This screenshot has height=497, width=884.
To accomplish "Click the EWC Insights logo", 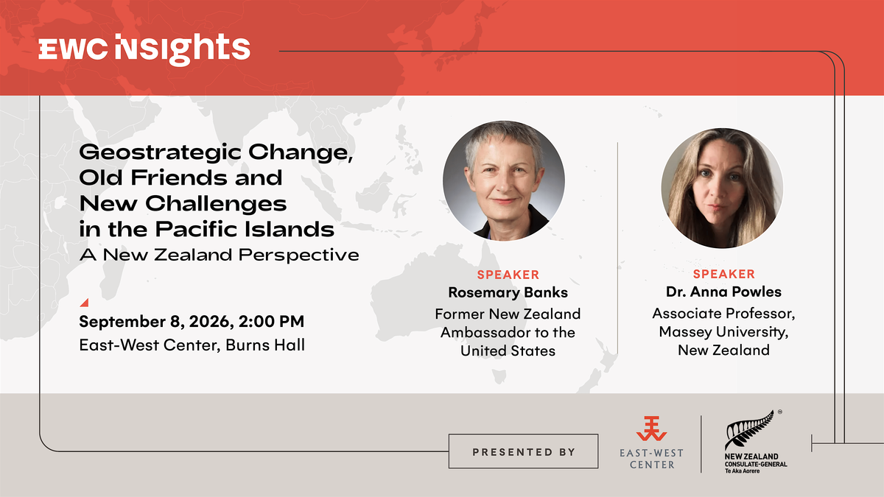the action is click(x=144, y=50).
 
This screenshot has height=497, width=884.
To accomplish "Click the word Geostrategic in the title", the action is click(x=160, y=152).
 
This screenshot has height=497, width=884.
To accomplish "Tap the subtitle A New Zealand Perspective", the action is click(x=219, y=255).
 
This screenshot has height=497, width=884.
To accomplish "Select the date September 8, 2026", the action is click(x=152, y=322).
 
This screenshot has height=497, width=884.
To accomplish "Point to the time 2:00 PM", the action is click(x=271, y=322).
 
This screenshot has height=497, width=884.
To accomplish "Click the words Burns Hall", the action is click(x=265, y=345).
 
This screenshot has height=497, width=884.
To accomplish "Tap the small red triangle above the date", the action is click(x=85, y=303).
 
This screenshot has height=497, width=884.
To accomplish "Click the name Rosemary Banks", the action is click(x=508, y=293).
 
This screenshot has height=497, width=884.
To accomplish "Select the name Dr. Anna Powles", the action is click(x=723, y=292).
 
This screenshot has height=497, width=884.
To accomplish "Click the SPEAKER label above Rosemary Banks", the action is click(x=508, y=275).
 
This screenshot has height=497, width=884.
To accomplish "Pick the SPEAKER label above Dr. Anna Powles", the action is click(x=723, y=274).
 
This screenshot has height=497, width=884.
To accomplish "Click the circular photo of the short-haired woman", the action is click(x=504, y=180).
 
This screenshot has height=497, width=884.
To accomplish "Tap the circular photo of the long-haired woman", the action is click(x=722, y=188).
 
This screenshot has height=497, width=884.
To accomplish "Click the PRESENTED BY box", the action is click(x=523, y=451).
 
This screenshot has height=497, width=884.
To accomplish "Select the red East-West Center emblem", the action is click(x=651, y=429).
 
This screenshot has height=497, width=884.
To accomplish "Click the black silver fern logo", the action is click(x=749, y=430).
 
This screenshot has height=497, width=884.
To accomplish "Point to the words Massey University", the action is click(x=723, y=332).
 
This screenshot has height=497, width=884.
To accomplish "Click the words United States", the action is click(x=508, y=350).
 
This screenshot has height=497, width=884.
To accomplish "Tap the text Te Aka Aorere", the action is click(x=742, y=471).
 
